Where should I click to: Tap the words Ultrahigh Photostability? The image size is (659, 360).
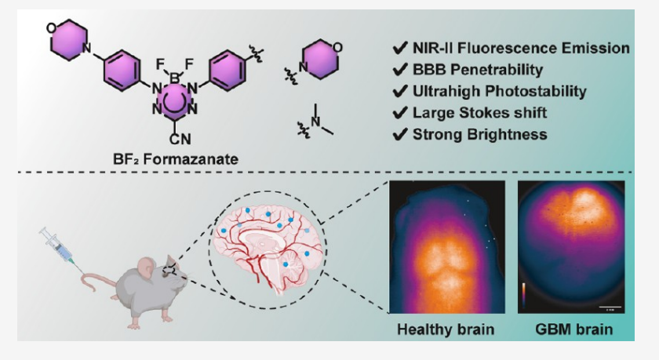[x=499, y=91]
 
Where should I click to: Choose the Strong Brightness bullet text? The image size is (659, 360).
[x=479, y=134]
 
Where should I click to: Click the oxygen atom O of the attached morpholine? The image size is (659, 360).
[x=49, y=29]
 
